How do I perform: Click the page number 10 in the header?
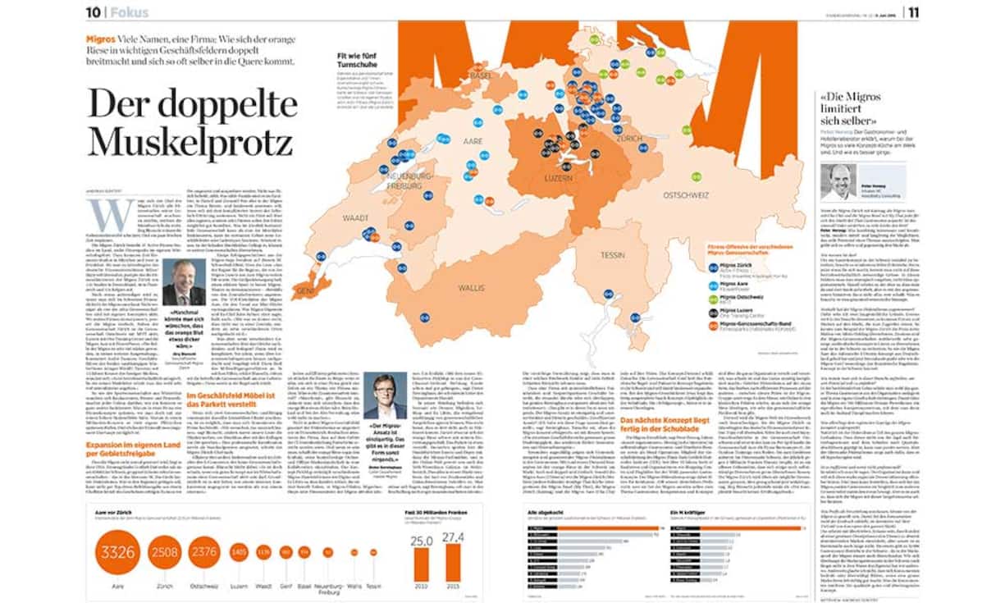tap(93, 11)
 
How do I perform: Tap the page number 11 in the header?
tap(912, 11)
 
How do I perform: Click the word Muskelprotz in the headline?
tap(190, 141)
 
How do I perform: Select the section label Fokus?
tap(130, 12)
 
